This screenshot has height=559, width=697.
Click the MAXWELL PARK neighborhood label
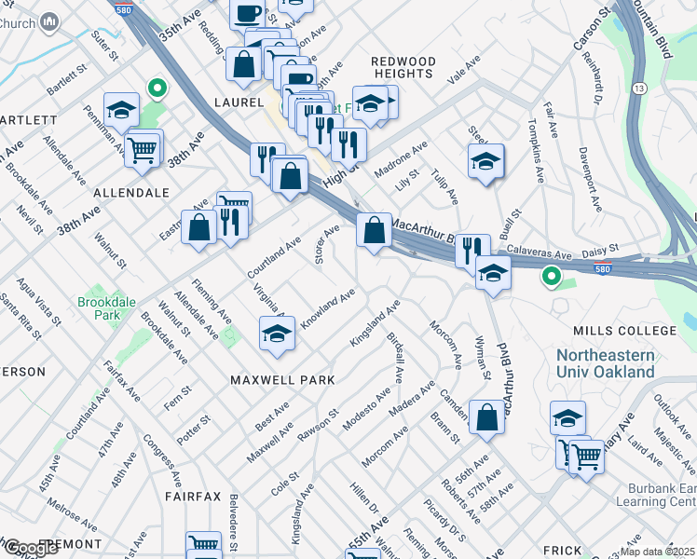(x=282, y=380)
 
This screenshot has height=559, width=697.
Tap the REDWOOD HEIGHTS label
(x=403, y=67)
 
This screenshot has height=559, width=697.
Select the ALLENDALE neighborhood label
(x=131, y=193)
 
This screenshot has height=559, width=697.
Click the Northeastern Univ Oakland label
(x=605, y=363)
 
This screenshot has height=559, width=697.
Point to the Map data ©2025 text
(x=657, y=552)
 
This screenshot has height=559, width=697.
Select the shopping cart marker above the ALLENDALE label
(x=142, y=149)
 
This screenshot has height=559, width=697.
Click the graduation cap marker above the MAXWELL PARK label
(x=277, y=334)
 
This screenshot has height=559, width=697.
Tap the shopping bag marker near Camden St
(x=486, y=417)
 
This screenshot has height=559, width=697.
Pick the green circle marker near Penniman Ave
(x=157, y=89)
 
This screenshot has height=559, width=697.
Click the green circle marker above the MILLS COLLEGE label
(x=551, y=276)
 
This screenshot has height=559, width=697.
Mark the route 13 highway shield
(x=639, y=88)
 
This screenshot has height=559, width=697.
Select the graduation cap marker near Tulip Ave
(x=485, y=162)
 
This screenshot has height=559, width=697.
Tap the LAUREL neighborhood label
(x=238, y=102)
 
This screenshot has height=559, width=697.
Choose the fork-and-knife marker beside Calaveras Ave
(x=472, y=249)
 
